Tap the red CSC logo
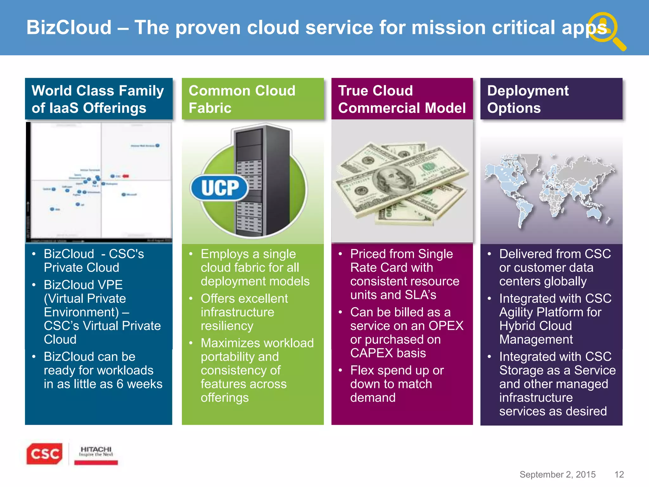pyautogui.click(x=44, y=454)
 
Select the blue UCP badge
pyautogui.click(x=219, y=188)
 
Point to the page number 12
pyautogui.click(x=619, y=474)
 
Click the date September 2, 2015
pyautogui.click(x=557, y=474)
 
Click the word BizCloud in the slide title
pyautogui.click(x=69, y=28)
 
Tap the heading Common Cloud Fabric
pyautogui.click(x=242, y=99)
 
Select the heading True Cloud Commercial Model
pyautogui.click(x=402, y=99)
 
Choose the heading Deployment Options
pyautogui.click(x=528, y=99)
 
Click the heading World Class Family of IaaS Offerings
pyautogui.click(x=98, y=99)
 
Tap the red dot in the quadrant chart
pyautogui.click(x=126, y=176)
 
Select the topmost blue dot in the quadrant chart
pyautogui.click(x=157, y=146)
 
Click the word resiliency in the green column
pyautogui.click(x=227, y=326)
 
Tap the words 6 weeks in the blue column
pyautogui.click(x=139, y=384)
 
